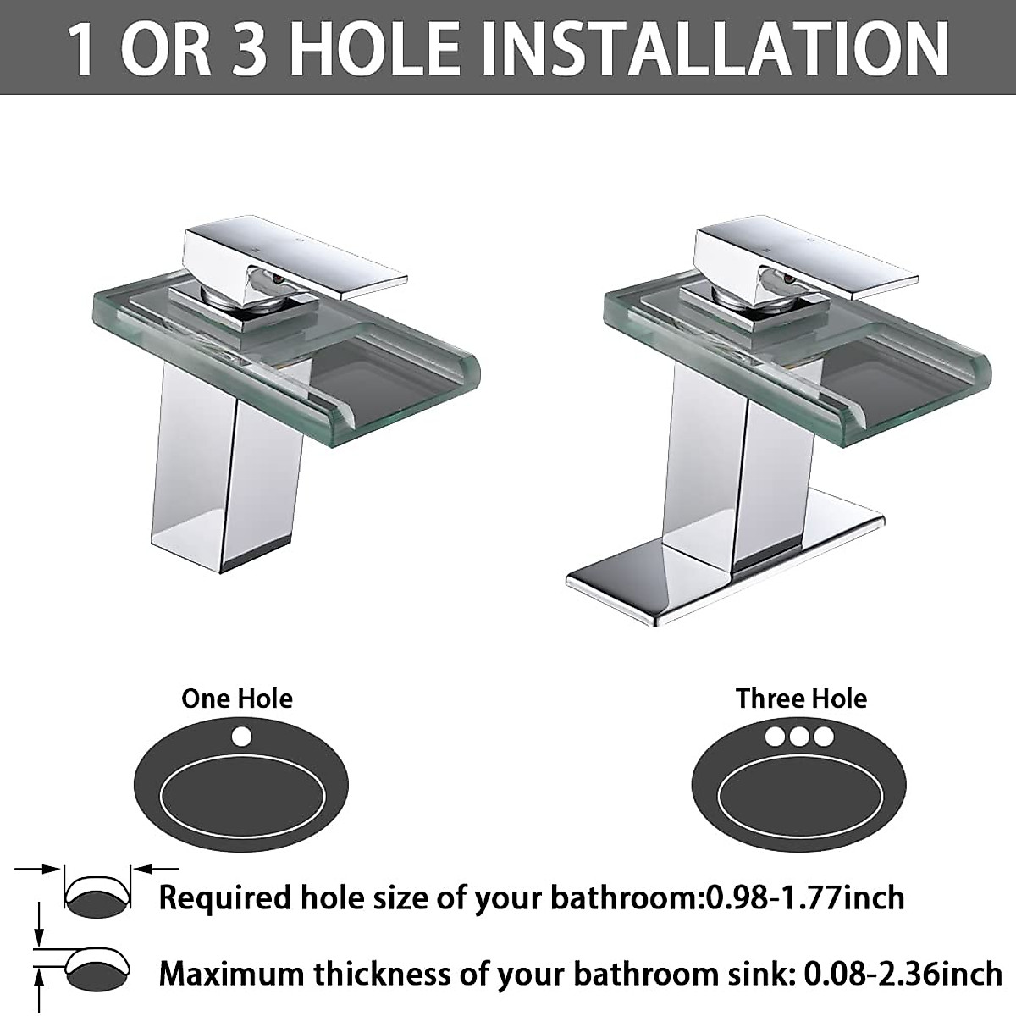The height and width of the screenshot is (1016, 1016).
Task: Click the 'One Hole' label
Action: point(237,698)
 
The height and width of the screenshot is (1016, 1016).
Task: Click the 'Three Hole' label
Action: point(801,698)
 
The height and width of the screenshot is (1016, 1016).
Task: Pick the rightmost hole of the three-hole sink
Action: point(824,736)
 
